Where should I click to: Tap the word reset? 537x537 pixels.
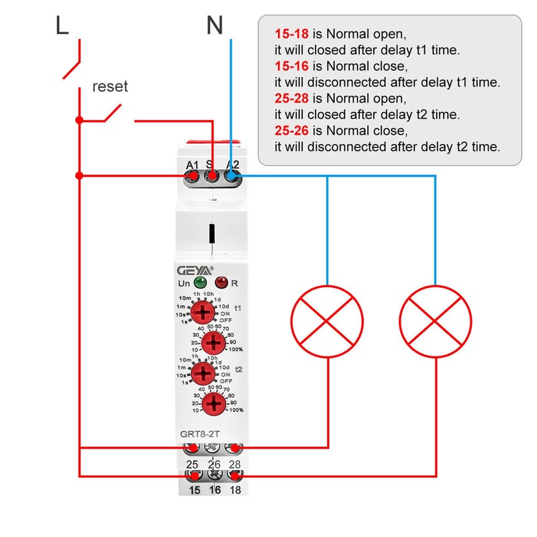tap(110, 87)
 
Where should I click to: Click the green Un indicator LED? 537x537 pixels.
tap(200, 283)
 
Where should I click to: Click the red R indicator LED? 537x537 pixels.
tap(221, 283)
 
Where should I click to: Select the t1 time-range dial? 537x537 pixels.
tap(202, 312)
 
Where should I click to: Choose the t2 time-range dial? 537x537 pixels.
tap(202, 372)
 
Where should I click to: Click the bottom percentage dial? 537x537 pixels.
tap(214, 403)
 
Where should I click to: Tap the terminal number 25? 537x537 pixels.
tap(192, 464)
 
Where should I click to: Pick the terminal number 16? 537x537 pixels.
tap(213, 491)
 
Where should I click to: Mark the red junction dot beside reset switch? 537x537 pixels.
tap(79, 120)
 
